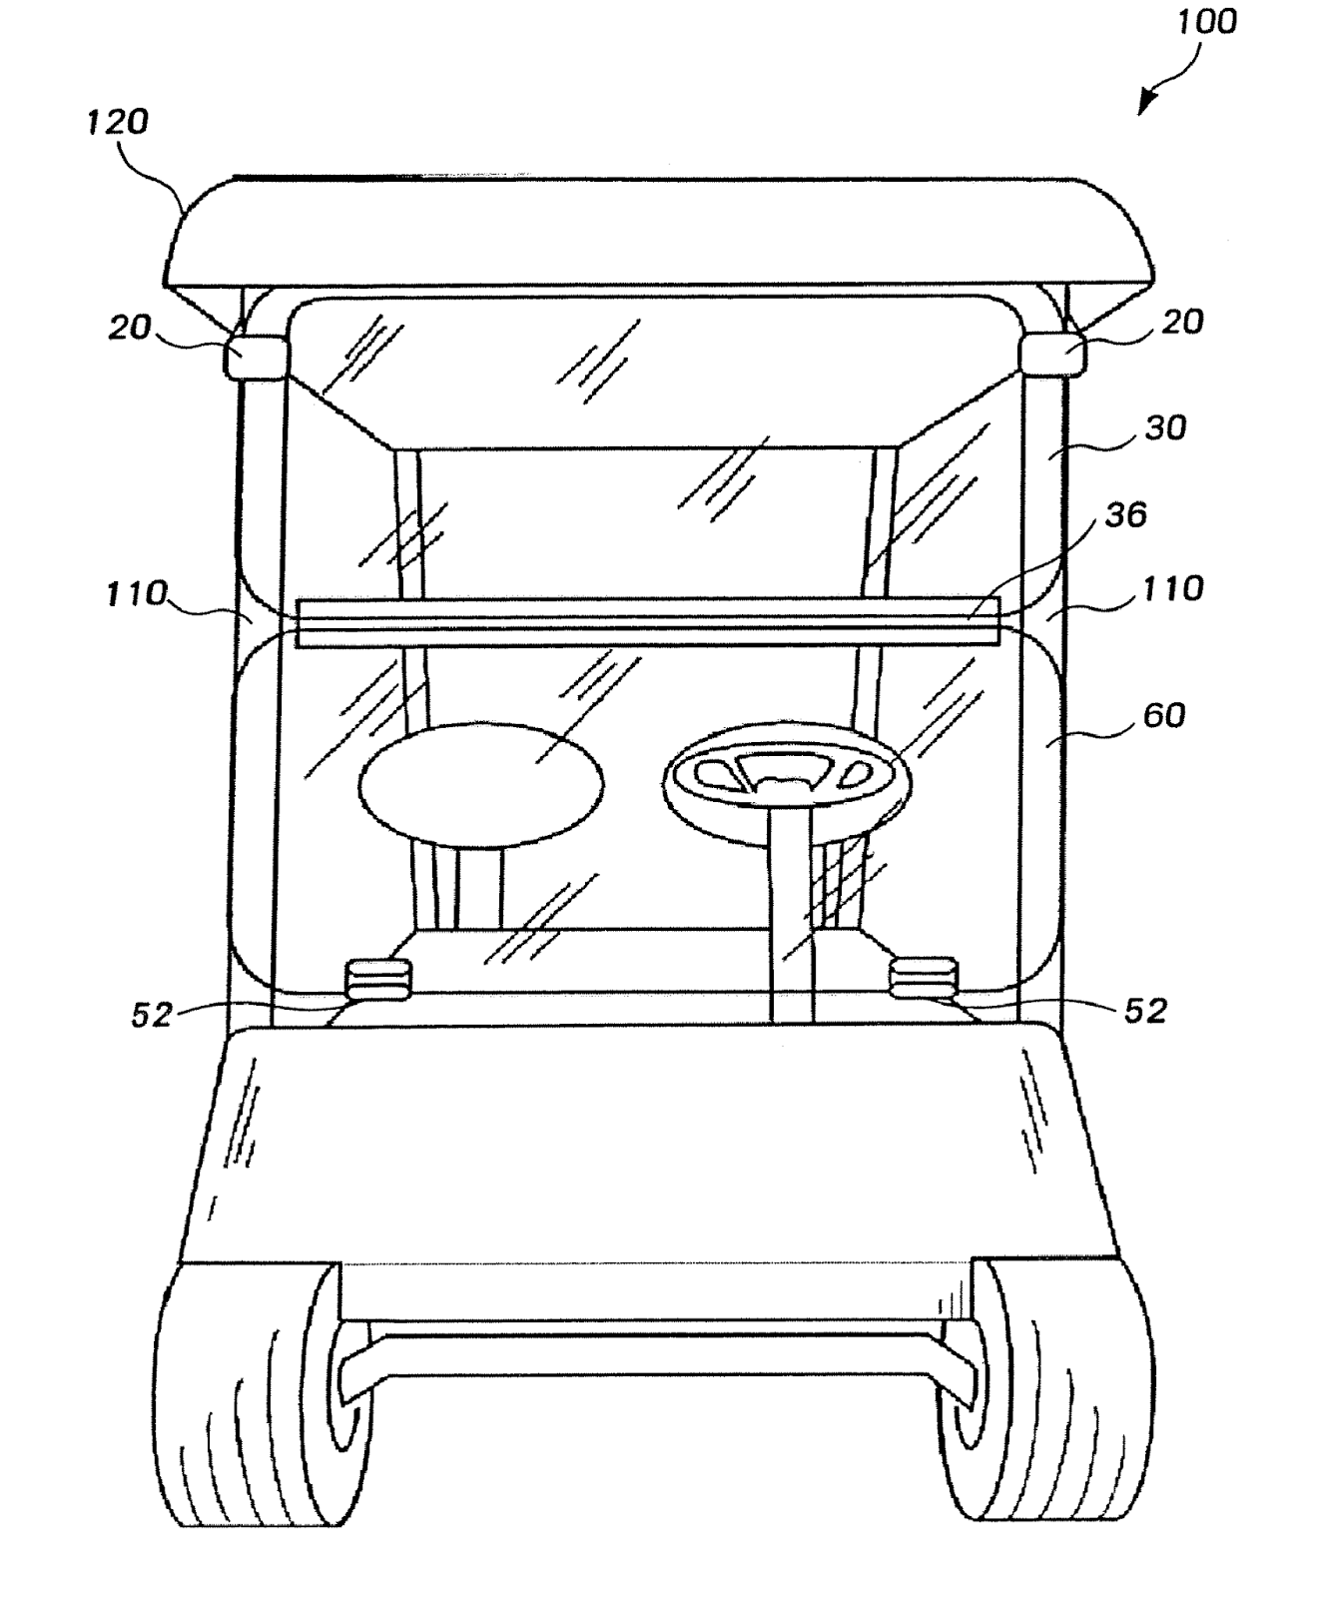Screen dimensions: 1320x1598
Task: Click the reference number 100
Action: point(1206,22)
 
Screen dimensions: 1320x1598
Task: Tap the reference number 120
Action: point(117,122)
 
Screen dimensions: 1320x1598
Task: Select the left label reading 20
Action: point(130,327)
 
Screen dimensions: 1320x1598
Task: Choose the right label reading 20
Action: point(1182,322)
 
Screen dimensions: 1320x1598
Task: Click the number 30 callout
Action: point(1165,427)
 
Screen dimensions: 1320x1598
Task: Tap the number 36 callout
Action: point(1125,515)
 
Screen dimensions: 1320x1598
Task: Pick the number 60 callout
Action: point(1163,715)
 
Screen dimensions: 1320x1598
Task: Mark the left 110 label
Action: point(137,594)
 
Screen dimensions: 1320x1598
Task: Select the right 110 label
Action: point(1173,588)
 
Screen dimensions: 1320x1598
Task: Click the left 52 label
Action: point(152,1015)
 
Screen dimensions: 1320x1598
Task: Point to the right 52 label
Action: point(1145,1011)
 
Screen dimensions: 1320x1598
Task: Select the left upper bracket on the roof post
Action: point(256,359)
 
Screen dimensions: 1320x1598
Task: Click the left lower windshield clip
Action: point(377,979)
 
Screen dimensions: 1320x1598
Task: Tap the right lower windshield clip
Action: point(924,978)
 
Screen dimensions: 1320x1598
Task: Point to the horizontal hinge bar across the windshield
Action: point(647,622)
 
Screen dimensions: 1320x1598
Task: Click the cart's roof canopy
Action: point(659,232)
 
